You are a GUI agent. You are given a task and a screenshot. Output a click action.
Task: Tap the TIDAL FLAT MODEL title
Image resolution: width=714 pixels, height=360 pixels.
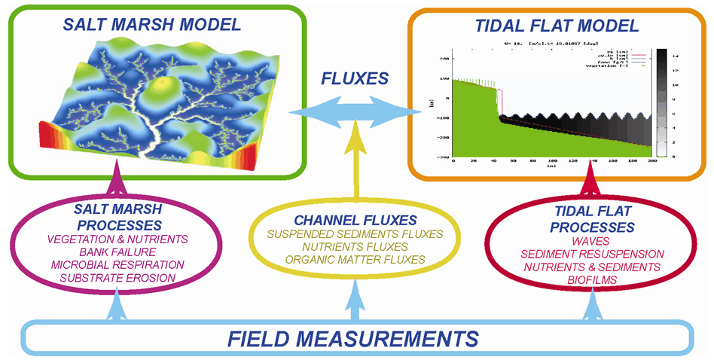(x=557, y=26)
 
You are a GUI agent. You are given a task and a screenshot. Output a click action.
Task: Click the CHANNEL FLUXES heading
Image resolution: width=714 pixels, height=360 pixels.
(x=355, y=221)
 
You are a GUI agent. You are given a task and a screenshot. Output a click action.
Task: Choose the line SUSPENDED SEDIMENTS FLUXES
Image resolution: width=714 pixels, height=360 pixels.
(x=355, y=234)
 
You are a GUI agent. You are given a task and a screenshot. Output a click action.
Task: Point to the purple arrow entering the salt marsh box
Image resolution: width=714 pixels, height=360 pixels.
(x=115, y=185)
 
